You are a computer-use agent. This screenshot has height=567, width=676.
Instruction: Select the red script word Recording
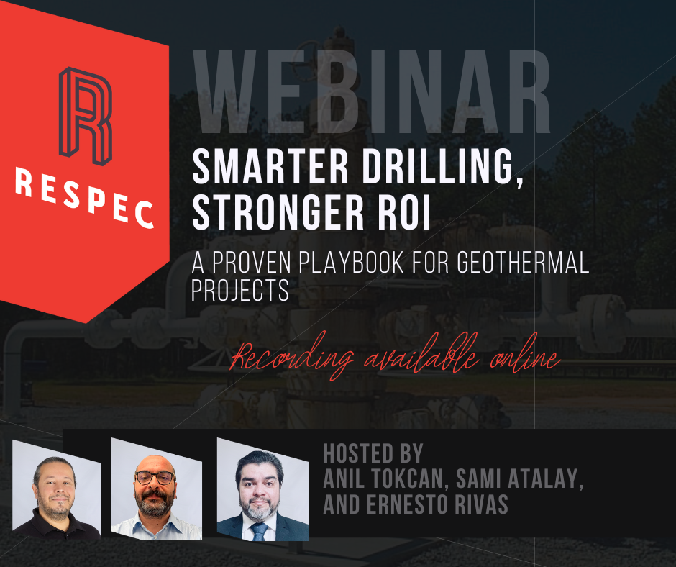coord(292,358)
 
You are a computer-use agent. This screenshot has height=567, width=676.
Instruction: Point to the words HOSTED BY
coord(373,453)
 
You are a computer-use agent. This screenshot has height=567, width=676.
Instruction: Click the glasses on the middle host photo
coord(155,478)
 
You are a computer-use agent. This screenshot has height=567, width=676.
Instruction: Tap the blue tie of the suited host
coord(260,532)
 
